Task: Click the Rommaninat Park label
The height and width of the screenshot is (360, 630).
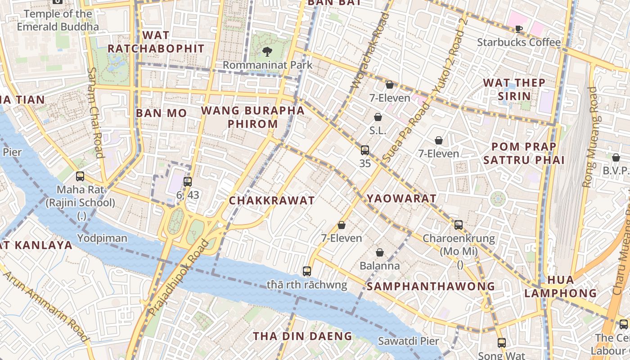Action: click(x=267, y=65)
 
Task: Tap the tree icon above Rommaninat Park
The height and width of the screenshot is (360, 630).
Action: click(x=267, y=52)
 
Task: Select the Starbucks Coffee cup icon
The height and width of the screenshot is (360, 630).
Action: click(x=518, y=29)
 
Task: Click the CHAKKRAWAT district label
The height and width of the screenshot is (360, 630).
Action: click(x=272, y=201)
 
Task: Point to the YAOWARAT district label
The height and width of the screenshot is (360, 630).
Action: click(x=401, y=198)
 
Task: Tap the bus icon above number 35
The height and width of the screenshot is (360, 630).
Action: click(x=365, y=150)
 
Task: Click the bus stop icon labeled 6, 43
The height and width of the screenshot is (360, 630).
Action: click(x=188, y=182)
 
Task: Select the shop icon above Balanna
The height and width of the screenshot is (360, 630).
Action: click(x=380, y=252)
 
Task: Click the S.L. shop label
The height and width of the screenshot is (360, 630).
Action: click(x=378, y=130)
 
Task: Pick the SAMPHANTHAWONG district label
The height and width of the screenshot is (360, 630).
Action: click(x=431, y=286)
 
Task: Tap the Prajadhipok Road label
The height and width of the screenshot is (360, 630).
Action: click(x=179, y=278)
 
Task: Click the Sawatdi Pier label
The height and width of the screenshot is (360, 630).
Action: click(x=408, y=341)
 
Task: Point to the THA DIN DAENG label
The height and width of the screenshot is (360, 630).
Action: click(x=302, y=336)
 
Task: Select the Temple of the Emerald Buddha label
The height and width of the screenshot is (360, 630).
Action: click(x=58, y=20)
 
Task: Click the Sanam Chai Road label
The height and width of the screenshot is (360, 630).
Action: click(x=95, y=112)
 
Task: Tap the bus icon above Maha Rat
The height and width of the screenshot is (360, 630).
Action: click(x=80, y=176)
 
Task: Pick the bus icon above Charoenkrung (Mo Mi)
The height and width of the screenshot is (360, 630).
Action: click(x=459, y=225)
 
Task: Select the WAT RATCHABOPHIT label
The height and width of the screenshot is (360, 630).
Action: click(x=156, y=42)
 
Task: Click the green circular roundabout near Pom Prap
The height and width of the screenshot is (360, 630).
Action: click(x=498, y=199)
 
